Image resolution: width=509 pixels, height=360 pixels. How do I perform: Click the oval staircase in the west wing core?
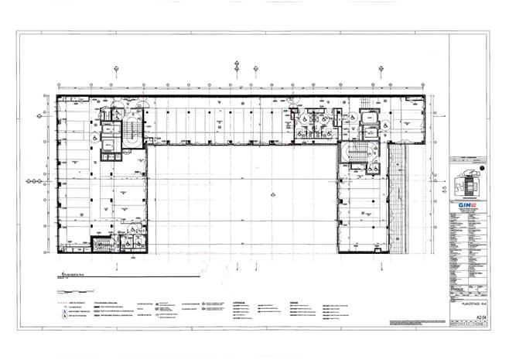point(130,132)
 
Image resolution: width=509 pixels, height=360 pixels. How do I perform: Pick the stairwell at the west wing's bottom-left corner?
point(101,245)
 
